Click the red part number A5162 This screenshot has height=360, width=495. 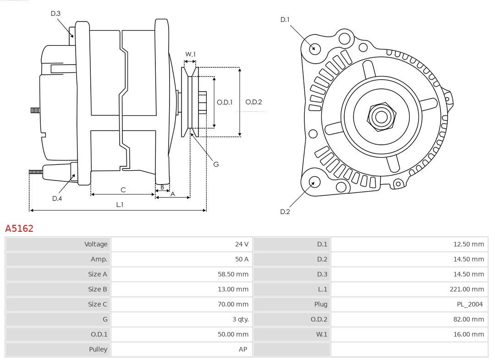[x=19, y=228]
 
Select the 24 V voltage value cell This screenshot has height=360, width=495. [x=242, y=244]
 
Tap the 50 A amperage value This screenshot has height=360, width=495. [x=242, y=259]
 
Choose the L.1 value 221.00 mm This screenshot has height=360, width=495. [x=467, y=289]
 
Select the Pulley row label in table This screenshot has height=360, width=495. [x=98, y=349]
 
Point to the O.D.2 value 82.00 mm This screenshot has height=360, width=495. [x=468, y=319]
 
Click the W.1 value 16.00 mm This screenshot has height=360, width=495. [x=468, y=334]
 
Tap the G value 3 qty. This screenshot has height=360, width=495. [x=239, y=319]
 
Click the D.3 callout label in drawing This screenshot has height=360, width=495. [x=55, y=14]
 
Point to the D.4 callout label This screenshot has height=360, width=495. [x=57, y=198]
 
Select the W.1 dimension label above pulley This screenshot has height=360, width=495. [x=190, y=54]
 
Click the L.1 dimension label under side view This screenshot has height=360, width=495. [x=119, y=205]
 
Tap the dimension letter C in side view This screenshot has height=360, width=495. [x=123, y=190]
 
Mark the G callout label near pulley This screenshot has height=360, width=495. [x=216, y=164]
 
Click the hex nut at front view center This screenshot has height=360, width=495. [x=381, y=116]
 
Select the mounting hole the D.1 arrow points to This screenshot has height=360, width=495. [x=315, y=48]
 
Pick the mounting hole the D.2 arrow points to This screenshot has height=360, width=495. [x=314, y=182]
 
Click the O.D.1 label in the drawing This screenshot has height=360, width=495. [x=225, y=102]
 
